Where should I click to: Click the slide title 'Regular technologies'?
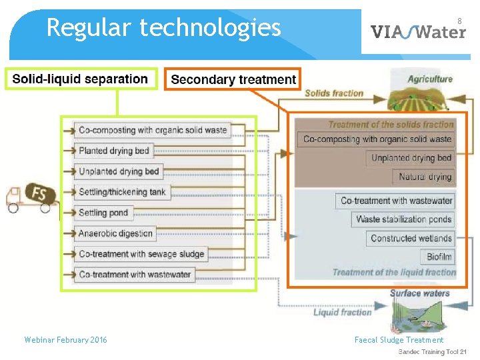163,28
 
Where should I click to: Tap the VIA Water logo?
417,31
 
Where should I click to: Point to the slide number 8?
459,21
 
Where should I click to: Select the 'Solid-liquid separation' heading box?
80,79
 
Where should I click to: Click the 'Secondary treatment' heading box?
233,80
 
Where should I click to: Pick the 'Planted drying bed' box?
114,151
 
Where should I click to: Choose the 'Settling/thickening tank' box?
121,192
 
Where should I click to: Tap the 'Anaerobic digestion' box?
116,233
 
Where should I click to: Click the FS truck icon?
30,197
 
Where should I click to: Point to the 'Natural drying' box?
425,177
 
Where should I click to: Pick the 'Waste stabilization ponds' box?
403,219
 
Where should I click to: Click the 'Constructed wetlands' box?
411,238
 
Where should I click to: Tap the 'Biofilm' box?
440,257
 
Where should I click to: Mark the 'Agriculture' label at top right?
430,79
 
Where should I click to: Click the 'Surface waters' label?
420,293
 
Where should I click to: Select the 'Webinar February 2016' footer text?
65,340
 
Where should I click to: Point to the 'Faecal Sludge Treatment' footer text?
399,340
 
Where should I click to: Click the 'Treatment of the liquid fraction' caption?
393,272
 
